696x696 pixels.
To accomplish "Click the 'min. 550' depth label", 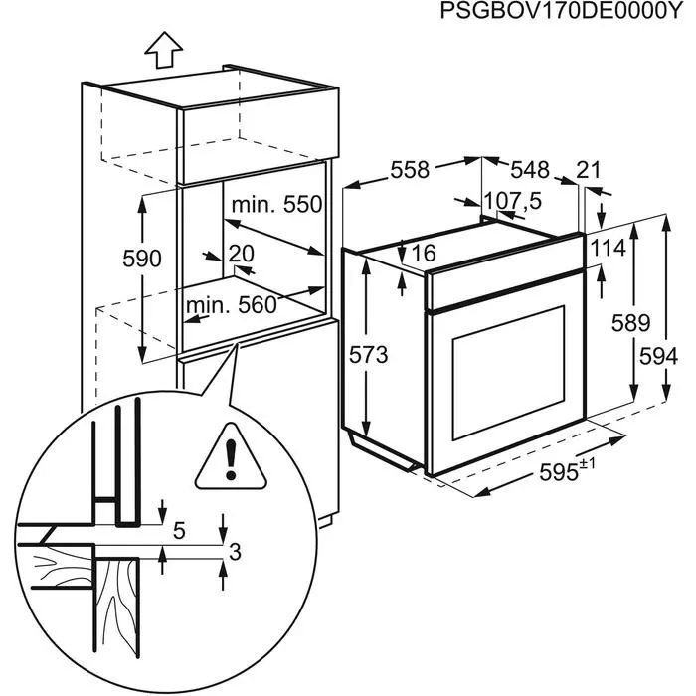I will [277, 205].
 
